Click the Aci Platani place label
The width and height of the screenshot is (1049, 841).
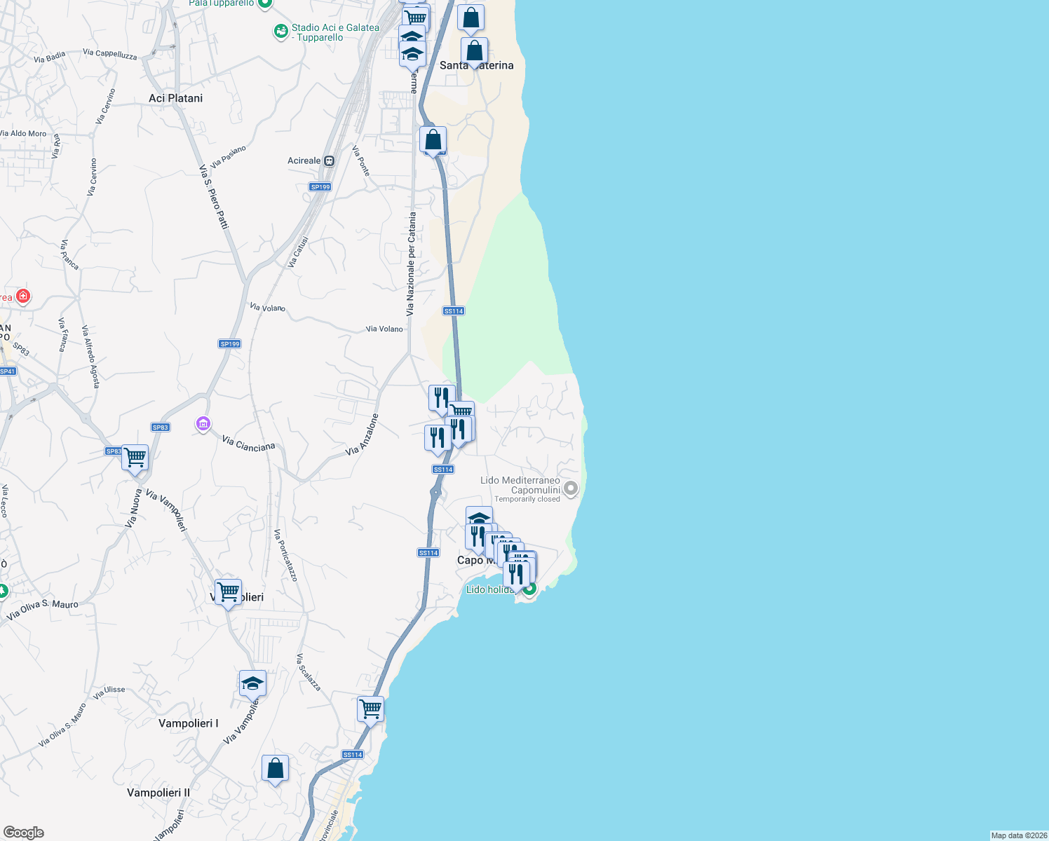coord(175,98)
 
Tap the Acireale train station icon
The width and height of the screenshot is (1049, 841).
coord(329,160)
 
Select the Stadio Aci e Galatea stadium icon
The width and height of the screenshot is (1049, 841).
coord(280,32)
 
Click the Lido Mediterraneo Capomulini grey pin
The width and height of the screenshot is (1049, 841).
coord(571,488)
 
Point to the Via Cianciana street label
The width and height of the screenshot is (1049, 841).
coord(249,444)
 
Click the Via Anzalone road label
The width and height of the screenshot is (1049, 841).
coord(363,435)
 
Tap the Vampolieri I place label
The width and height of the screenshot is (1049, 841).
coord(188,723)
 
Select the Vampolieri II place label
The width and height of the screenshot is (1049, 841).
coord(158,793)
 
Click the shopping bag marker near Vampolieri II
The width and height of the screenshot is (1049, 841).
coord(275,768)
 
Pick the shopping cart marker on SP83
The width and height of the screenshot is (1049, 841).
coord(135,458)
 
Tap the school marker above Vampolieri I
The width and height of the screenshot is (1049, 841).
coord(252,684)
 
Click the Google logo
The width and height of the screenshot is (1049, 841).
coord(24,833)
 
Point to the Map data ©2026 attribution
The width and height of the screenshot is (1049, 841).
coord(1018,835)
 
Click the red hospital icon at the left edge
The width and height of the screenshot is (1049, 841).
coord(23,296)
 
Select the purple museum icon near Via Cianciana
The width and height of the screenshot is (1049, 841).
coord(203,423)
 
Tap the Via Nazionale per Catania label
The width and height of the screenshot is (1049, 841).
coord(412,264)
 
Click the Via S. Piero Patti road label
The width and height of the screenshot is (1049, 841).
coord(214,197)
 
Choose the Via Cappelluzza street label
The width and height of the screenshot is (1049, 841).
coord(110,54)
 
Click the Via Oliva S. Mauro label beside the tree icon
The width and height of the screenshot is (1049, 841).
coord(43,610)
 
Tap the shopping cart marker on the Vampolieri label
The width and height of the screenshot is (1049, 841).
coord(229,592)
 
